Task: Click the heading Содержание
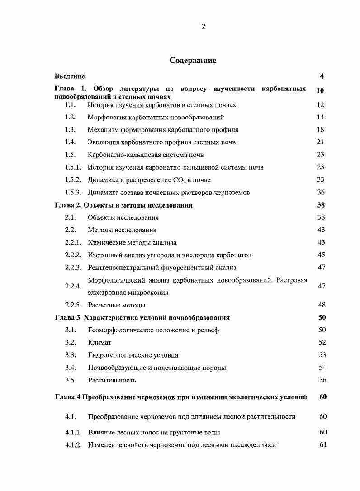[x=193, y=60]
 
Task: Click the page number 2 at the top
[x=203, y=27]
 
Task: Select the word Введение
[x=70, y=76]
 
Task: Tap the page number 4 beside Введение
[x=321, y=76]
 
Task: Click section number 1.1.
[x=70, y=105]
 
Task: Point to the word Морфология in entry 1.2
[x=107, y=117]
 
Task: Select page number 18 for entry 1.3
[x=321, y=129]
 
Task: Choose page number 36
[x=321, y=192]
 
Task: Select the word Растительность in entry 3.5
[x=112, y=380]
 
